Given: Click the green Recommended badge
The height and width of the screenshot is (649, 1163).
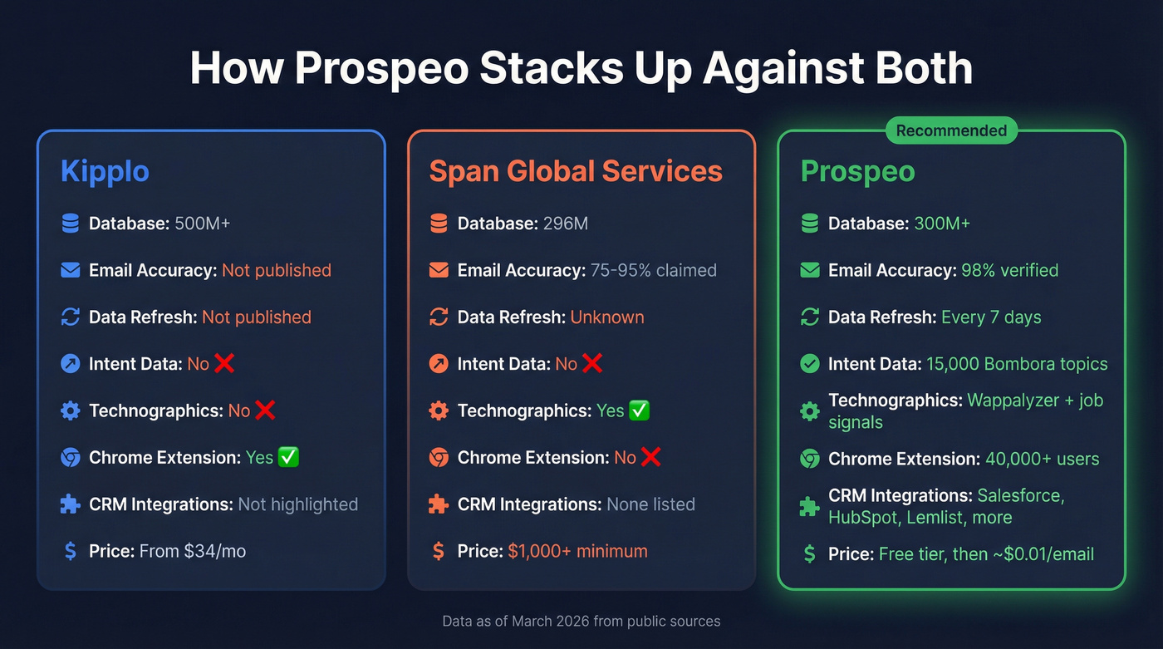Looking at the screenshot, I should point(951,130).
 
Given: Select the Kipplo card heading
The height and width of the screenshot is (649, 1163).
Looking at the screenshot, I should point(105,171).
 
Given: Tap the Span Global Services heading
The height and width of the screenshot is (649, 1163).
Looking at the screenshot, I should point(575,171).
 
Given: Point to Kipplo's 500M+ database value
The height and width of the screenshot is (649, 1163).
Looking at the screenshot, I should point(202,224).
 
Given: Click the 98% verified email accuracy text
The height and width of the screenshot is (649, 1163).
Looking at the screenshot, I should point(1009,270).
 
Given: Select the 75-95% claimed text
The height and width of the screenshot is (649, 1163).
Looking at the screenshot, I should point(653,270).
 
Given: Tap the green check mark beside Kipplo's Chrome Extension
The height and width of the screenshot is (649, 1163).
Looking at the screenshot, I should point(288,457).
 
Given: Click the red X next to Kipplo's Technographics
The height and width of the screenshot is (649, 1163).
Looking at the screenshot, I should point(265,411).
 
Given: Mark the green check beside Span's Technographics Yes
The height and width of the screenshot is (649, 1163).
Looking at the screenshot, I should point(640,411).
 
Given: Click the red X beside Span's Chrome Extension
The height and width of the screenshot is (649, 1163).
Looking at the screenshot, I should point(650,457).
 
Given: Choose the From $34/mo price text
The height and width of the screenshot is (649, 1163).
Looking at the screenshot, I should point(192,551).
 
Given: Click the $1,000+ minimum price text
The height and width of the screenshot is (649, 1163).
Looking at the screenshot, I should point(577,551).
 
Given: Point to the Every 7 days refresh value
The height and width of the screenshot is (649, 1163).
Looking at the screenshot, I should point(991,317).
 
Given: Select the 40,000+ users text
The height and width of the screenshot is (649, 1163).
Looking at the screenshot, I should point(1042,459).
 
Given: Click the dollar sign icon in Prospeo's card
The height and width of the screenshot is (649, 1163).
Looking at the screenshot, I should point(809,554).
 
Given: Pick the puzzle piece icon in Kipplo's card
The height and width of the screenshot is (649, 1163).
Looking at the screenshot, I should point(71,504).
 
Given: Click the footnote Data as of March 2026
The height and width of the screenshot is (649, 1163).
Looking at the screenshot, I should point(581,621).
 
